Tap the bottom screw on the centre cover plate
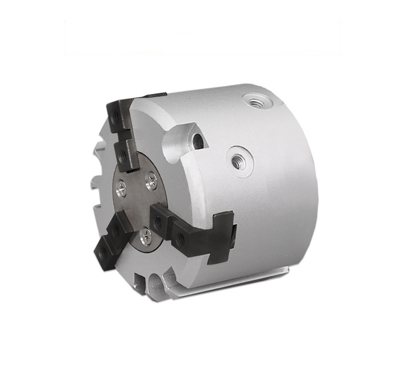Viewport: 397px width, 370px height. tap(145, 237)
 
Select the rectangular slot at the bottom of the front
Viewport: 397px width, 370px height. tap(140, 283)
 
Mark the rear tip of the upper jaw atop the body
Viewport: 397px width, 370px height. tap(155, 95)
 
